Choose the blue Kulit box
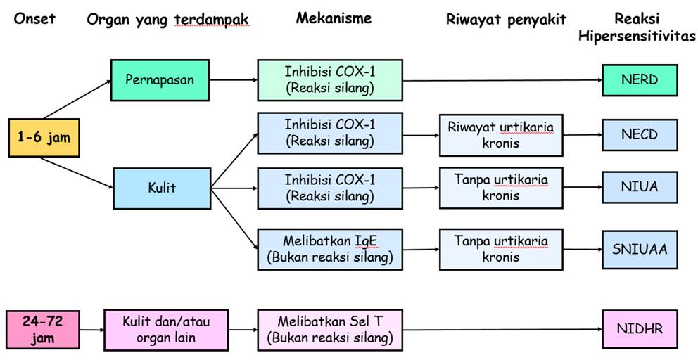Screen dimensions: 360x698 (162, 188)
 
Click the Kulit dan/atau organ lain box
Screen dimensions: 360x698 (166, 330)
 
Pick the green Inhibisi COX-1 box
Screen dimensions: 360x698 (330, 79)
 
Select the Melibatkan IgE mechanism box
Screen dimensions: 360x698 (330, 249)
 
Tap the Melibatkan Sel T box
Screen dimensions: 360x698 (330, 330)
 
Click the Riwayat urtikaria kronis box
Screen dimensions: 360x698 (501, 134)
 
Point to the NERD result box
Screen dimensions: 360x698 (639, 79)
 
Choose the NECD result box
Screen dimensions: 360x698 (639, 134)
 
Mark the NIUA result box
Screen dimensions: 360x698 (639, 188)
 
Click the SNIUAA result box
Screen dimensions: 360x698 (639, 247)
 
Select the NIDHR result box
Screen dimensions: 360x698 (639, 328)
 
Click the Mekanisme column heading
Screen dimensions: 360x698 (334, 18)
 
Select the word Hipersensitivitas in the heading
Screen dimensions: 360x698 (637, 36)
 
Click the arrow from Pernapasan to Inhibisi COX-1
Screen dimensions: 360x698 (234, 79)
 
